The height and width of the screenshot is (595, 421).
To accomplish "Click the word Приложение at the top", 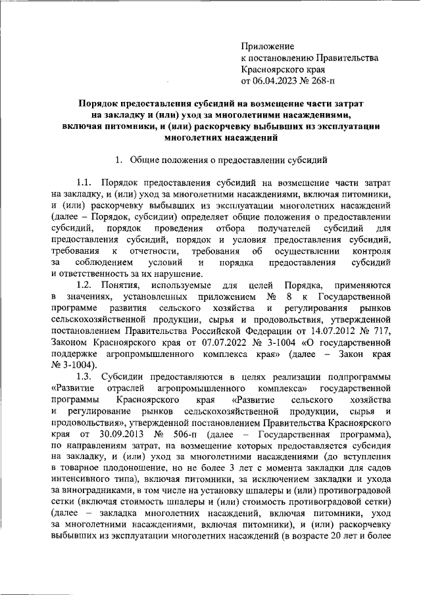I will [268, 46].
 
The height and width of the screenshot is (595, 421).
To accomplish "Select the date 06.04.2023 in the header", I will [276, 82].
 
